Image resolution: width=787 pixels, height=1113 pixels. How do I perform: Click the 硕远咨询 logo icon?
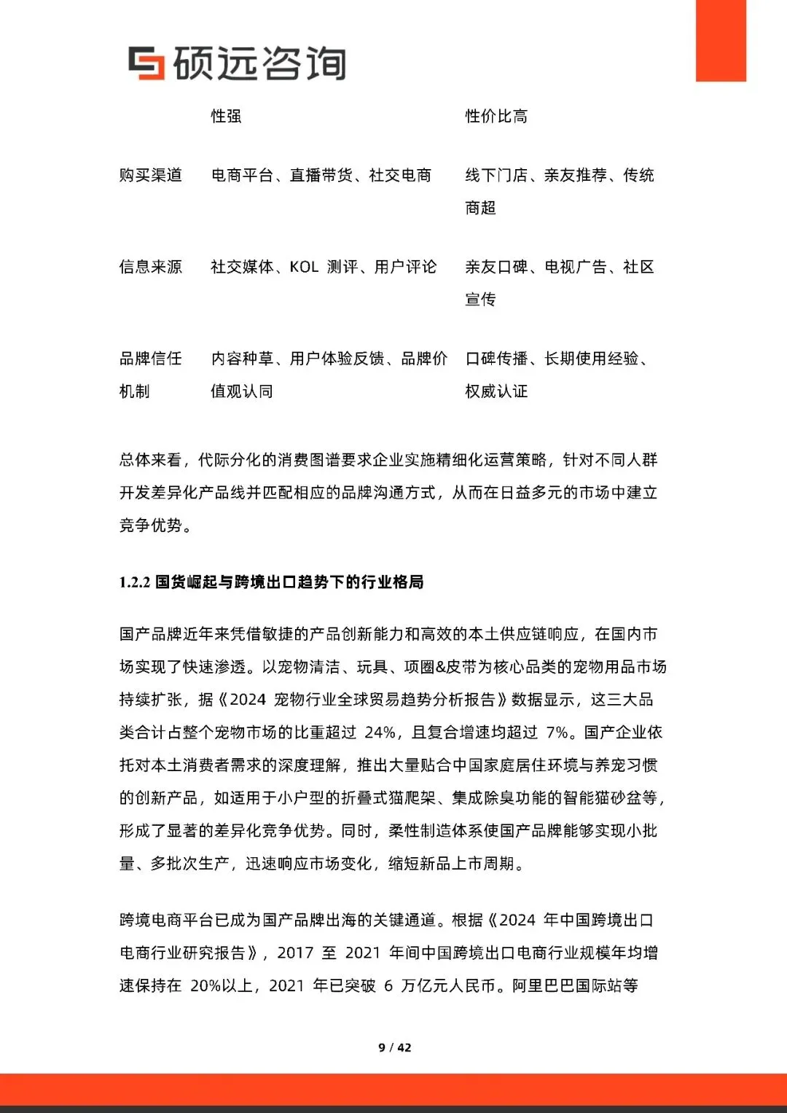pos(146,63)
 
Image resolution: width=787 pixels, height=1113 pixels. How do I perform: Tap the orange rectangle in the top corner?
pos(721,40)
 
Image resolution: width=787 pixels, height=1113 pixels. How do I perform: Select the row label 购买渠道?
pos(151,176)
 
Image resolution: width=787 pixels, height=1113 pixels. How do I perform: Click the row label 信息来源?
pos(151,267)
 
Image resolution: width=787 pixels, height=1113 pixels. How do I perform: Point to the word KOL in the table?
pos(304,267)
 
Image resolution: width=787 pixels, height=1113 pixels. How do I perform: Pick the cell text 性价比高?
pos(496,117)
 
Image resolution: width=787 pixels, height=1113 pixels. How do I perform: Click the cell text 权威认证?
pos(496,391)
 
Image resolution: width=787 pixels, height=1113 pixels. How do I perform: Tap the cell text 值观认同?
pos(242,391)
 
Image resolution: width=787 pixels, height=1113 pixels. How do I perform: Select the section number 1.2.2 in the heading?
pos(135,582)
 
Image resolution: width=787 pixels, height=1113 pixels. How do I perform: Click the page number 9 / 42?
pos(394,1047)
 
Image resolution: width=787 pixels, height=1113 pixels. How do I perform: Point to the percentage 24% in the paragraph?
pos(380,733)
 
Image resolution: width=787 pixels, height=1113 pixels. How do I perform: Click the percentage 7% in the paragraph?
pos(557,733)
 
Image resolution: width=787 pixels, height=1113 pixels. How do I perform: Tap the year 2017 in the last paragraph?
pos(295,953)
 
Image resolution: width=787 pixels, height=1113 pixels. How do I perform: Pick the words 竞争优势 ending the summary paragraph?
pos(151,526)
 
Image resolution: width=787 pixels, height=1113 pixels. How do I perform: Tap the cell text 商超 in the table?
pos(481,208)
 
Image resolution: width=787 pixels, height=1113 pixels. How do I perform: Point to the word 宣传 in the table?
pos(481,300)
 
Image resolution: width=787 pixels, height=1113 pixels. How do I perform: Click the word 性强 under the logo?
pos(227,117)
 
